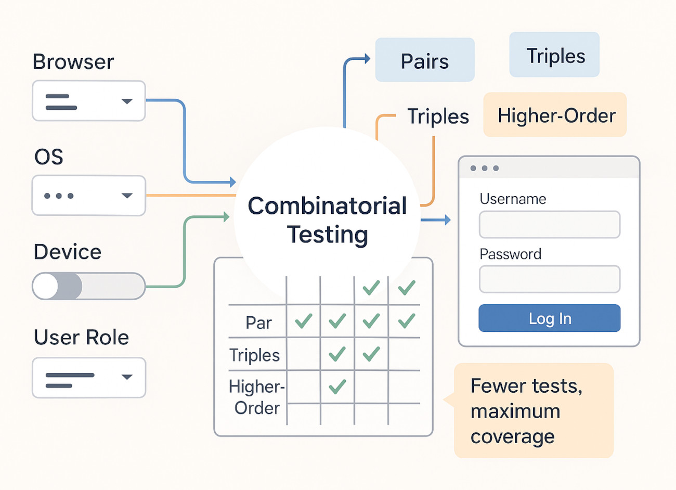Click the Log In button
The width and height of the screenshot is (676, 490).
pos(549,318)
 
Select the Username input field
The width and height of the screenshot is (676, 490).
pos(549,225)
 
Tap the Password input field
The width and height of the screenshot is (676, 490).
pos(549,279)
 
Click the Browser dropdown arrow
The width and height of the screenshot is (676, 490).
pos(127,101)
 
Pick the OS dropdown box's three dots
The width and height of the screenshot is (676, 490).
pos(59,196)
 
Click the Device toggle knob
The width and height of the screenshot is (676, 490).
pos(46,287)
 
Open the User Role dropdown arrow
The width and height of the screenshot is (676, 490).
pos(127,377)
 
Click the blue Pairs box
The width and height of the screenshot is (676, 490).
pos(425,60)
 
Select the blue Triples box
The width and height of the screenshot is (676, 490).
pos(554,55)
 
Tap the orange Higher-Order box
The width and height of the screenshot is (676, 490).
pos(555,115)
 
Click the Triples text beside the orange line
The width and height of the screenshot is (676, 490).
pos(438,117)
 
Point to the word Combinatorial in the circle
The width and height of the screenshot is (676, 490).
pos(327,206)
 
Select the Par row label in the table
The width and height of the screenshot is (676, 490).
pos(258,323)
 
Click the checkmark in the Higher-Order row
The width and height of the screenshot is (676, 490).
pos(337,386)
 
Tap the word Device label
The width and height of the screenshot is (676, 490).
pos(68,252)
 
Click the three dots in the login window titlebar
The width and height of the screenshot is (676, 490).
pos(484,169)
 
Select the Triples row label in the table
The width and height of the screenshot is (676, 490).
pos(255,355)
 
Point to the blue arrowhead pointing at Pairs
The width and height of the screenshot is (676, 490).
pos(367,59)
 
